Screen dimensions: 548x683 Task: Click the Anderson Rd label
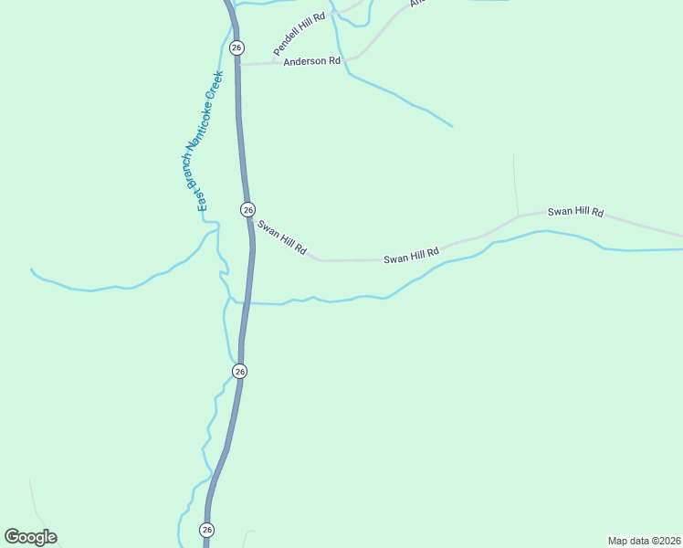[311, 61]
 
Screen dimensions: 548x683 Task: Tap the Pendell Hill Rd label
[299, 35]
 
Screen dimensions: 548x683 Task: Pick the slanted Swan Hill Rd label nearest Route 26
[281, 237]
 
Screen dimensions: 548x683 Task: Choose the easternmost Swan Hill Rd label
[575, 212]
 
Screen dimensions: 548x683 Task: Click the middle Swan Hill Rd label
[411, 255]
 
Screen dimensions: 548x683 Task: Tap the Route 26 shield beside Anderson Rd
[236, 47]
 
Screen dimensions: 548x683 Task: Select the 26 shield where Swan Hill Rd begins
[247, 209]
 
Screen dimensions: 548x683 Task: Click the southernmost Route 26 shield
[207, 530]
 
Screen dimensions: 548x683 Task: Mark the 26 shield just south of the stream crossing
[239, 371]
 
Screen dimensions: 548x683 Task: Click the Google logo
[30, 537]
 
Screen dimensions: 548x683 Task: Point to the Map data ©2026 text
[644, 541]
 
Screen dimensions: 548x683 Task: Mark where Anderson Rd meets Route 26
[239, 64]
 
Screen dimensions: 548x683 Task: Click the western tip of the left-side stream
[31, 269]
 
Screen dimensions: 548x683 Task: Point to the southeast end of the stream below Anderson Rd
[452, 126]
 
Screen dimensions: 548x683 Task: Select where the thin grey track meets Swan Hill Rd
[519, 216]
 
